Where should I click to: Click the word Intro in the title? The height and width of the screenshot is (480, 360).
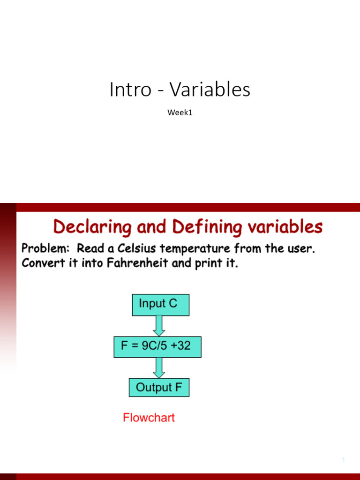[130, 90]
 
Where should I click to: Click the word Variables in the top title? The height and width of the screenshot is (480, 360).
[210, 90]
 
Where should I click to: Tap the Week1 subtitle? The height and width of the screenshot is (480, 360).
[180, 112]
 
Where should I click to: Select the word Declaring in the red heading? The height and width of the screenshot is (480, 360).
[92, 227]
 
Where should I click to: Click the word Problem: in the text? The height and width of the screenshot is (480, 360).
[46, 248]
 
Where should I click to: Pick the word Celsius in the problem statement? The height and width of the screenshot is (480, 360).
[136, 248]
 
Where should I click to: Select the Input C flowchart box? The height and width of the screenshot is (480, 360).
[161, 305]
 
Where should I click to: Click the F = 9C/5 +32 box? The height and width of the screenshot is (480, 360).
[157, 347]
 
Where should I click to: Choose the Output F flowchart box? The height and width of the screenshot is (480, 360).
[159, 388]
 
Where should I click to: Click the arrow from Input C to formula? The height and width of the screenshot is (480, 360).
[159, 326]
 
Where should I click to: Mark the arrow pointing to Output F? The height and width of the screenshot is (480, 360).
[159, 367]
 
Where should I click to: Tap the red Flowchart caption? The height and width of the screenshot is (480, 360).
[149, 418]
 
